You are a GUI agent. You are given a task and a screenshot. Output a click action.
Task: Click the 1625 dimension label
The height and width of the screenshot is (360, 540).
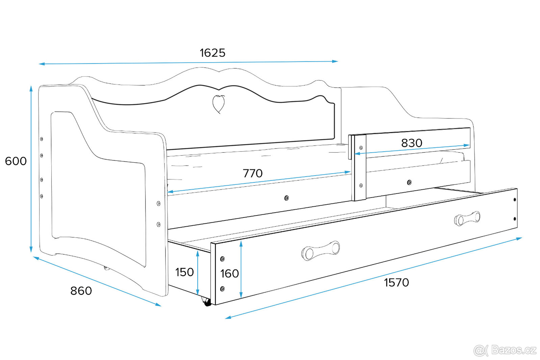pos(212,53)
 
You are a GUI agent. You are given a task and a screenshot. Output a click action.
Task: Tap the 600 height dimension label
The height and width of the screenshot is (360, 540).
pos(16,161)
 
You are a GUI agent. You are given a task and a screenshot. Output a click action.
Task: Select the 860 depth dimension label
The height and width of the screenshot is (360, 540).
pos(81,291)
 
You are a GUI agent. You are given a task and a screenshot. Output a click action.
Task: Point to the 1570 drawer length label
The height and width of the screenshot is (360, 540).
pos(396,282)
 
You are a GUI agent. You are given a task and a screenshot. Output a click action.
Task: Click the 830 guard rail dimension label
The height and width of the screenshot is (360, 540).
pos(411,143)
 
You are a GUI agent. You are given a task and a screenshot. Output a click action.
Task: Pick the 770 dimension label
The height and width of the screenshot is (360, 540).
pos(252,173)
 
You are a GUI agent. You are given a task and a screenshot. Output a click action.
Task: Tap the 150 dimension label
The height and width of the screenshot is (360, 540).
pos(184,272)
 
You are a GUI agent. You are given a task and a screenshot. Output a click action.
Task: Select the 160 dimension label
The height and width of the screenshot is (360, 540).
pos(230,274)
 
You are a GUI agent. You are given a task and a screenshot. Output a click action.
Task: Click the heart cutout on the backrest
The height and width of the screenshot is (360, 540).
pos(218,104)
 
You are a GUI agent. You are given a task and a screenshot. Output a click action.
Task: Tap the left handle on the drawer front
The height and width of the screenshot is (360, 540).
pos(320,251)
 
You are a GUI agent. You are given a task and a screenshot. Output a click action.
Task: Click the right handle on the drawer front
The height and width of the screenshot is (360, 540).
pos(467,219)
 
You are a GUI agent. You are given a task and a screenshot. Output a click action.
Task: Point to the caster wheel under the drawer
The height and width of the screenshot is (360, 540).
pos(207,302)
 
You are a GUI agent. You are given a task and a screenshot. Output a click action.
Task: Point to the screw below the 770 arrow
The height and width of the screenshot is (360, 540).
pos(287,198)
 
